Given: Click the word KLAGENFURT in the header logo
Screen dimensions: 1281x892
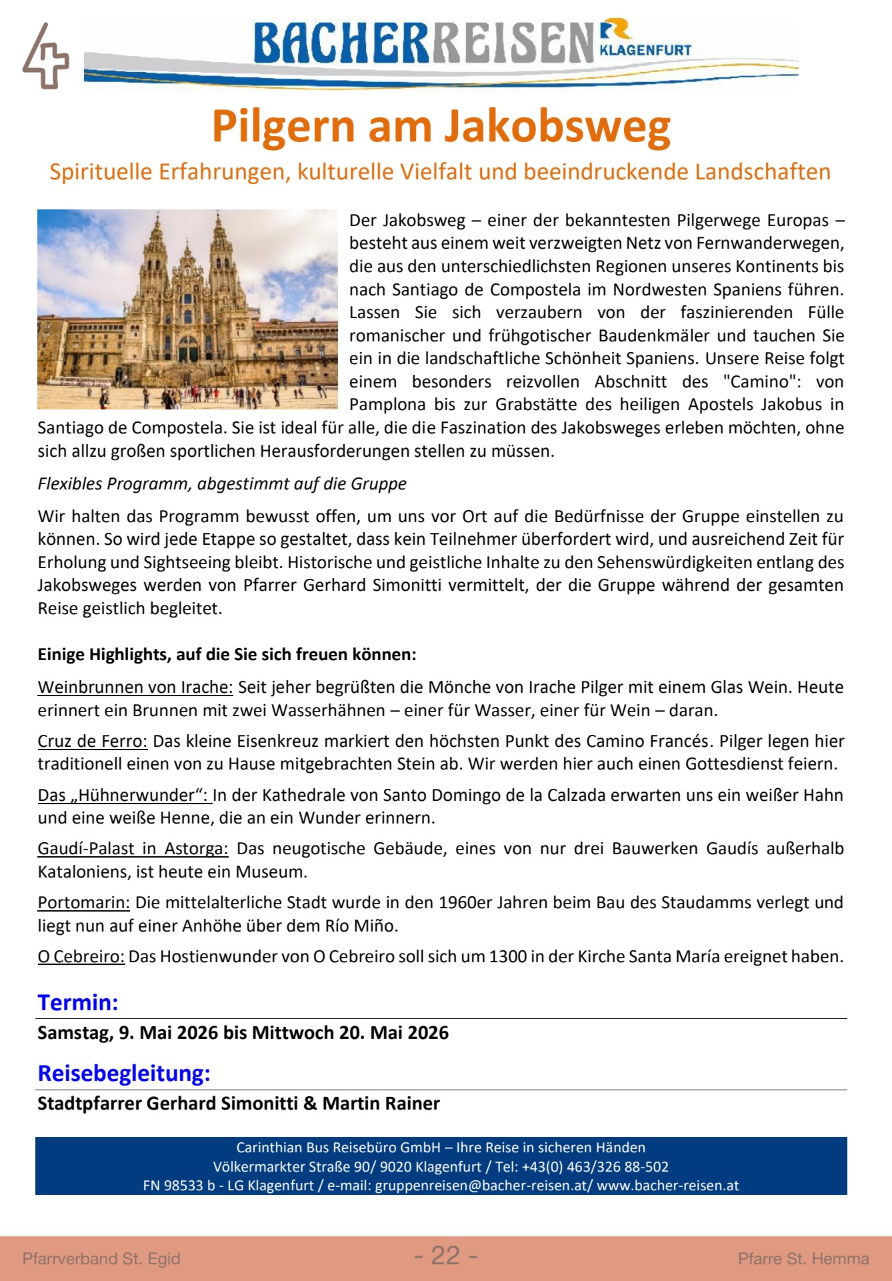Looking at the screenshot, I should (x=645, y=50).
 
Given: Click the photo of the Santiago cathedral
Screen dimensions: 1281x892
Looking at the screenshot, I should (x=187, y=309).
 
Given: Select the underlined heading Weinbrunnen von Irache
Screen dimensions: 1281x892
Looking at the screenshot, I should (x=135, y=687).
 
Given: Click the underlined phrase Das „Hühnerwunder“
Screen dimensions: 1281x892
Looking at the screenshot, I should (x=123, y=795).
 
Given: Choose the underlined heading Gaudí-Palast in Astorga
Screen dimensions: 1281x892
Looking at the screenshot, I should (x=133, y=848).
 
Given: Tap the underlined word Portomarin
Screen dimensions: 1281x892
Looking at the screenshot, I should (x=83, y=902).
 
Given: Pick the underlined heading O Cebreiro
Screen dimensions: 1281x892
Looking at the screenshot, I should (x=81, y=956).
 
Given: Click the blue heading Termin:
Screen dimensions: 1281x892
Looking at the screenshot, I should (x=78, y=1002).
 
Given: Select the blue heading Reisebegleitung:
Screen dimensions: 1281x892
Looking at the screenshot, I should (x=124, y=1073).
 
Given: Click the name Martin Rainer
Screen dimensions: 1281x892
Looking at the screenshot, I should (x=381, y=1103).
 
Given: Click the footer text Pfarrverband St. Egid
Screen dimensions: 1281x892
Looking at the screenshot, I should (x=101, y=1258).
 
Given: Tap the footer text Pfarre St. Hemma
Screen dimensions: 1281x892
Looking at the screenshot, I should (x=803, y=1258).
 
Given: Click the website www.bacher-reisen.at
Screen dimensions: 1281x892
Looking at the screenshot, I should (x=667, y=1186).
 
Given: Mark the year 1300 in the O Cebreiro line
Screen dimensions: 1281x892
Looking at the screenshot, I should (x=507, y=956).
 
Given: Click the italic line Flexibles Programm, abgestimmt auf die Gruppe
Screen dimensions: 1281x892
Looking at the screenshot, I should (x=222, y=483).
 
